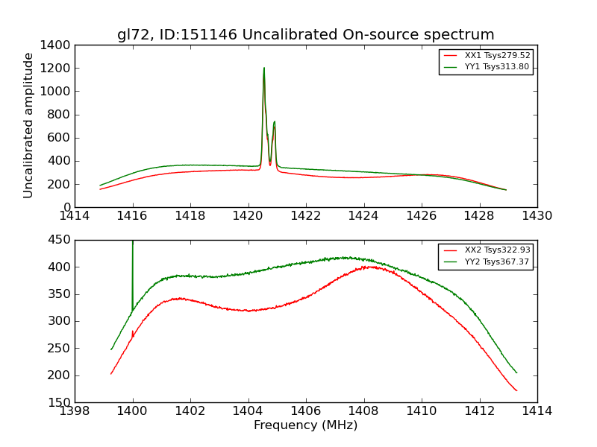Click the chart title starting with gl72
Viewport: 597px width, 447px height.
pyautogui.click(x=305, y=35)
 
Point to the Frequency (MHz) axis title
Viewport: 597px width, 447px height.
pyautogui.click(x=305, y=425)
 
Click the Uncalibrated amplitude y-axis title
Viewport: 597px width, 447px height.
pyautogui.click(x=29, y=125)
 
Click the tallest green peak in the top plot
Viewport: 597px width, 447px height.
pyautogui.click(x=263, y=69)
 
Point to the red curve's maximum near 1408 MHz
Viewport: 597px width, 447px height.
pyautogui.click(x=367, y=267)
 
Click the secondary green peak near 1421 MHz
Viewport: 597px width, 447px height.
pyautogui.click(x=275, y=121)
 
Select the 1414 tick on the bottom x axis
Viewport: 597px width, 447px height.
pyautogui.click(x=537, y=411)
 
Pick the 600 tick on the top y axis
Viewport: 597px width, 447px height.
pyautogui.click(x=61, y=138)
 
